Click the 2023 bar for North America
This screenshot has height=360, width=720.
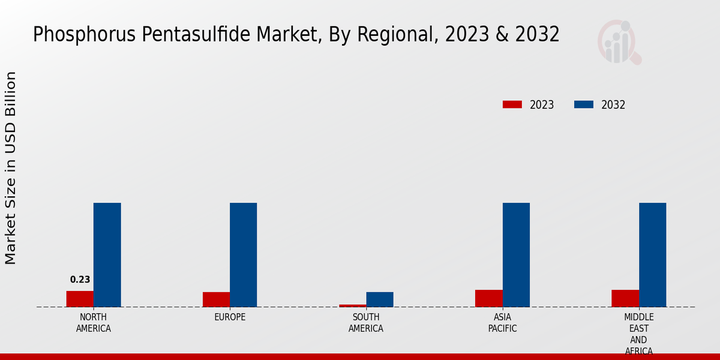pyautogui.click(x=80, y=299)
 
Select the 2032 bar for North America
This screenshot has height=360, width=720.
pyautogui.click(x=107, y=255)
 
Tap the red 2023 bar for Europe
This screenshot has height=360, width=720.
pyautogui.click(x=216, y=299)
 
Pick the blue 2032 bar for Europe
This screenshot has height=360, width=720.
pyautogui.click(x=243, y=255)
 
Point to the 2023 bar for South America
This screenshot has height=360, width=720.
pyautogui.click(x=352, y=305)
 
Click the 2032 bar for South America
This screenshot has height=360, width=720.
pyautogui.click(x=380, y=299)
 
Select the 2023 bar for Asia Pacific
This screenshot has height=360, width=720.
pyautogui.click(x=488, y=298)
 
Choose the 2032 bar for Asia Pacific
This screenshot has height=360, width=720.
pyautogui.click(x=516, y=255)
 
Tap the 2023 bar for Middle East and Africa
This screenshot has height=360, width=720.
pyautogui.click(x=625, y=298)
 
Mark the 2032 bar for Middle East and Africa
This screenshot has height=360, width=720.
pyautogui.click(x=652, y=255)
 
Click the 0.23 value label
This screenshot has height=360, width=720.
pyautogui.click(x=80, y=280)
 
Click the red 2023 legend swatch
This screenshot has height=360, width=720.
pyautogui.click(x=512, y=104)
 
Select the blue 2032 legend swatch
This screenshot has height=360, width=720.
pyautogui.click(x=583, y=104)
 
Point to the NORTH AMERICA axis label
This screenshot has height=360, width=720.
pyautogui.click(x=94, y=323)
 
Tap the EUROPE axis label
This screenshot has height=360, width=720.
pyautogui.click(x=230, y=317)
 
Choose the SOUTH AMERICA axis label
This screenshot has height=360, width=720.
pyautogui.click(x=366, y=323)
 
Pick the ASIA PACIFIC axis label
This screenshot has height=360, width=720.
pyautogui.click(x=502, y=323)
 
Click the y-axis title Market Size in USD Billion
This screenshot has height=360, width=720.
pyautogui.click(x=11, y=168)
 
